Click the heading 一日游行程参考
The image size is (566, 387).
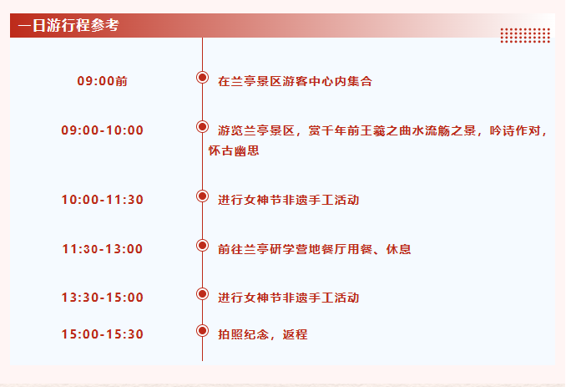point(68,25)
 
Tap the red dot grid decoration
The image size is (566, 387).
point(525,35)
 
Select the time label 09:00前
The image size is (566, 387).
point(102,81)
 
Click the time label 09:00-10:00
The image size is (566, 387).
point(102,130)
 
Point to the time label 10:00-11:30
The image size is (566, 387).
point(102,200)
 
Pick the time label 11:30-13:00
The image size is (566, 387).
point(102,248)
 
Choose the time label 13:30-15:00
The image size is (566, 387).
point(102,298)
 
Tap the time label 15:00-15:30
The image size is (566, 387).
point(102,334)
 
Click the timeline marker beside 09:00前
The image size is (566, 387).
point(203,77)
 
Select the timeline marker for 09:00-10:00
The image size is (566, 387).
point(203,126)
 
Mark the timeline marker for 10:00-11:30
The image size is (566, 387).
point(203,196)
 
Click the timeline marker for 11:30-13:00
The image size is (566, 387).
point(203,246)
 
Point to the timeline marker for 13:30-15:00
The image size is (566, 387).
point(203,293)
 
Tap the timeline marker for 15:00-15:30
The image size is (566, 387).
point(203,331)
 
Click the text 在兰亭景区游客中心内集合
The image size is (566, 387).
point(295,81)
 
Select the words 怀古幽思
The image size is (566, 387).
point(234,150)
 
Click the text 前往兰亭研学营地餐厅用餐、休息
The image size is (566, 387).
point(315,249)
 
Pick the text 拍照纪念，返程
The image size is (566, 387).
point(263,334)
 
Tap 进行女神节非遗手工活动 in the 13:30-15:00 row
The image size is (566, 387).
point(288,298)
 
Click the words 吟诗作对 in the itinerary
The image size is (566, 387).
point(515,130)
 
